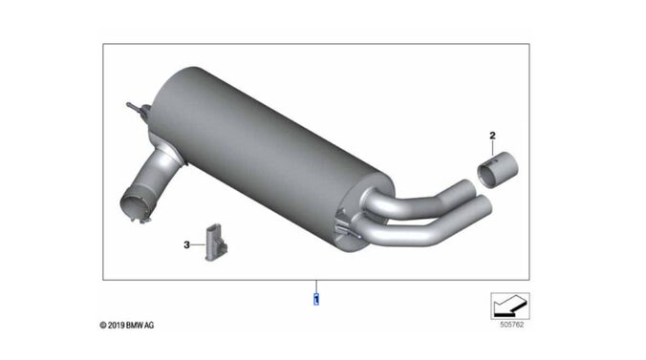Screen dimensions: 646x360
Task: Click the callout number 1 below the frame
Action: click(316, 299)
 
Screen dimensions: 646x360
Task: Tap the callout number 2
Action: click(492, 135)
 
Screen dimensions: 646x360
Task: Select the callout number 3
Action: click(186, 245)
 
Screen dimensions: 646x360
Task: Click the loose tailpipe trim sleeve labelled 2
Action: click(498, 169)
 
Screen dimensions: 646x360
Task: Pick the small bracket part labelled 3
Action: click(215, 243)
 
